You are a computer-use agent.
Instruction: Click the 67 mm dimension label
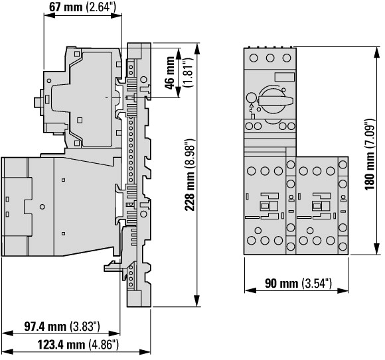pyautogui.click(x=82, y=7)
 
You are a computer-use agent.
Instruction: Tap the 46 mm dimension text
pyautogui.click(x=170, y=73)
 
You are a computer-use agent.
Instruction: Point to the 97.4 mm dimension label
pyautogui.click(x=62, y=326)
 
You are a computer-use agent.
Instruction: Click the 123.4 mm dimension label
pyautogui.click(x=78, y=345)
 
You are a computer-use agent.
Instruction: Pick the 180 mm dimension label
pyautogui.click(x=370, y=154)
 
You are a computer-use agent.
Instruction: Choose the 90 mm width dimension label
pyautogui.click(x=298, y=283)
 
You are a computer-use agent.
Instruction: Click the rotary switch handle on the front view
pyautogui.click(x=275, y=101)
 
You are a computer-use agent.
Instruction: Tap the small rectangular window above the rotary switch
pyautogui.click(x=284, y=77)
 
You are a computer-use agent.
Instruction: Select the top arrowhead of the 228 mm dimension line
pyautogui.click(x=196, y=48)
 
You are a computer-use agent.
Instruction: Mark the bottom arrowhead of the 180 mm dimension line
pyautogui.click(x=376, y=249)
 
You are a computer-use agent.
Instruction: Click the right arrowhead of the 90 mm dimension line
pyautogui.click(x=343, y=291)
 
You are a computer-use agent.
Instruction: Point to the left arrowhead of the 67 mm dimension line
pyautogui.click(x=49, y=15)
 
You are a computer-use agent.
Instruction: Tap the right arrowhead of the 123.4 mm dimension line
pyautogui.click(x=145, y=352)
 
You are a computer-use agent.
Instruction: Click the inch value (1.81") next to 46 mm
pyautogui.click(x=189, y=73)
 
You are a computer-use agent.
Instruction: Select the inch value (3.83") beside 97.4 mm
pyautogui.click(x=85, y=326)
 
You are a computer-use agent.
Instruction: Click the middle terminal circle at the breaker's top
pyautogui.click(x=270, y=58)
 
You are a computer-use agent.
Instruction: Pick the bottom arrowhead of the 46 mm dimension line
pyautogui.click(x=179, y=92)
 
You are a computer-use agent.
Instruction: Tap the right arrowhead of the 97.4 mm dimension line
pyautogui.click(x=114, y=333)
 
